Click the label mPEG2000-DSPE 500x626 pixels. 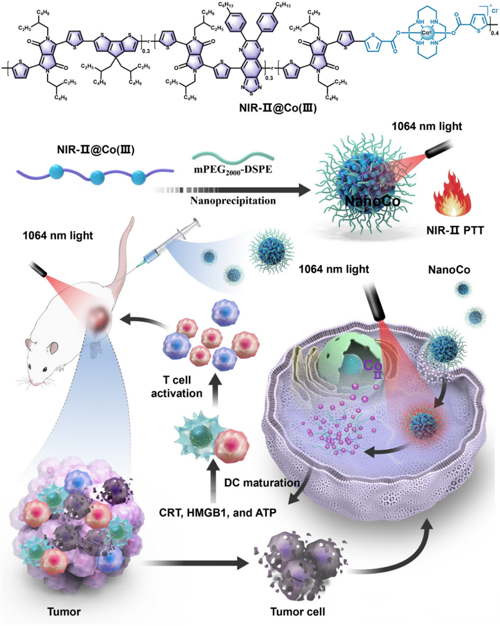coord(233,170)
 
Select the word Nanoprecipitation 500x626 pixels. coord(233,201)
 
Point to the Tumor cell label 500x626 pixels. coord(297,611)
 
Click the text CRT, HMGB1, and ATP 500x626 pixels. coord(217,512)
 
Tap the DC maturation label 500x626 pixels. coord(262,483)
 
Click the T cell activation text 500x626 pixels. coord(177,387)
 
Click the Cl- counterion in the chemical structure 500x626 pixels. coord(494,11)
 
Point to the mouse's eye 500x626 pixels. coord(44,369)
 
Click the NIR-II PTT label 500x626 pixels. coord(455,230)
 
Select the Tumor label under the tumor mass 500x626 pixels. coord(64,611)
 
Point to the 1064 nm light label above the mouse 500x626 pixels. coord(58,235)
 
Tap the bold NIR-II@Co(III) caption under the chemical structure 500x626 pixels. coord(278,108)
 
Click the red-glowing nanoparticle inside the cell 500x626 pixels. coord(423,425)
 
